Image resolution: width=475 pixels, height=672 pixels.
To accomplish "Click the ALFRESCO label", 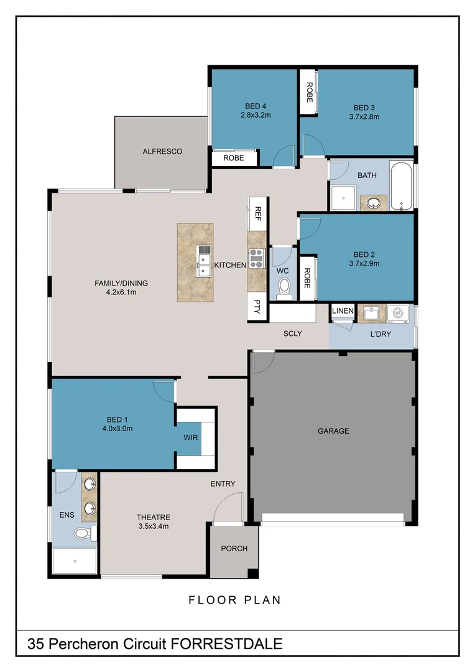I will coord(162,151).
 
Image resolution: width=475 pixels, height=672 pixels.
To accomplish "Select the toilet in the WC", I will coord(284,287).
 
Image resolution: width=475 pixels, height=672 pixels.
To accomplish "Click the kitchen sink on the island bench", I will coord(203,260).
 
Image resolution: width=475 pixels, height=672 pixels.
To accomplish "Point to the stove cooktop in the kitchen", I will coord(256,258).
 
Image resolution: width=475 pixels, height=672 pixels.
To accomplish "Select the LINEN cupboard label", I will coord(343,310).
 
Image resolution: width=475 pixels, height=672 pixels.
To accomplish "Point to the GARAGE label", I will coord(333,431).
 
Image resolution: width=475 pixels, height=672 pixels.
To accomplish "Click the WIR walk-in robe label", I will coord(190,437).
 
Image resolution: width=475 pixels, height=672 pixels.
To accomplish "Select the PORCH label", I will coord(234,548).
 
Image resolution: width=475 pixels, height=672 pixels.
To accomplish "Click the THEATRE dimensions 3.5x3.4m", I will coord(153,526).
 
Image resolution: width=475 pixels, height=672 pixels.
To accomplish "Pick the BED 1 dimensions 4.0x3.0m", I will coord(118,428).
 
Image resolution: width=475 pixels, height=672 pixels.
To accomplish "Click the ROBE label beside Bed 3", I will coord(308,92).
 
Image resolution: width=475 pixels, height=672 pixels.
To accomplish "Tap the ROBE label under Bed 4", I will coord(234,158).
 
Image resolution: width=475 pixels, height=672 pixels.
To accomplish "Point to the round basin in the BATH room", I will coord(374,203).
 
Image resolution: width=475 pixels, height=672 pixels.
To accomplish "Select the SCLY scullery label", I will coord(292,334).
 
